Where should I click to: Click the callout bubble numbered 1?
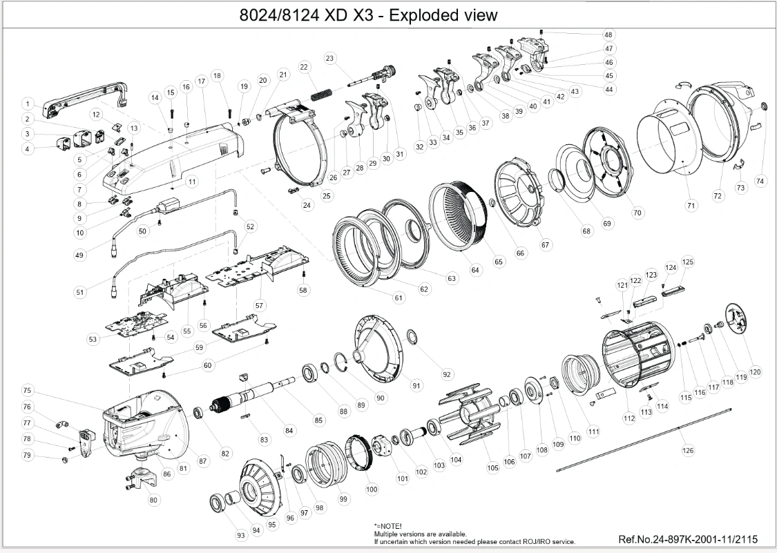tap(28, 104)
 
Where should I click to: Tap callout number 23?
tap(330, 58)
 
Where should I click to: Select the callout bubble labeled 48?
tap(608, 35)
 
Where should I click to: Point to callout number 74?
tap(760, 182)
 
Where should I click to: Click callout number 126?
tap(689, 450)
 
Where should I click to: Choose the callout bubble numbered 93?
tap(241, 536)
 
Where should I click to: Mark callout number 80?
tap(153, 500)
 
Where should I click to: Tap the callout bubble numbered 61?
tap(399, 298)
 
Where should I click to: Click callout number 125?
tap(688, 262)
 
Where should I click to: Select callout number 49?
tap(79, 255)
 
